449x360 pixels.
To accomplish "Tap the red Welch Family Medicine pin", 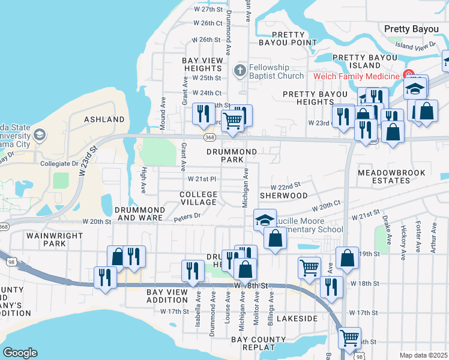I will pos(410,76).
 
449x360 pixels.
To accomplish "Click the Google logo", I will pos(20,353).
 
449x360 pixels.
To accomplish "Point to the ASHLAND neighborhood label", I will pos(104,119).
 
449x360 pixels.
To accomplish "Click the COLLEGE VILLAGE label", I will pos(199,199).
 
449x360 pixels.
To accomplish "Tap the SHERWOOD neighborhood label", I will pos(283,196).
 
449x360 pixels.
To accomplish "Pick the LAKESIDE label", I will pos(294,319).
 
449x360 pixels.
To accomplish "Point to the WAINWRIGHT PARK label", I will pos(55,240).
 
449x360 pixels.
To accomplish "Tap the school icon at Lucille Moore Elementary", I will pos(264,219).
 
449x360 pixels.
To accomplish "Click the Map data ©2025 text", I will pos(423,355).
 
